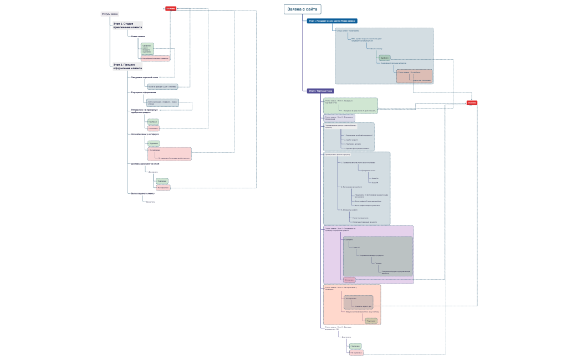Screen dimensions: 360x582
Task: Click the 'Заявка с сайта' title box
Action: pos(302,9)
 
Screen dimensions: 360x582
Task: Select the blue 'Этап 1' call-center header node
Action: pos(333,21)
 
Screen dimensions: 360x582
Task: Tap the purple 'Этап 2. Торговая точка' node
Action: pos(321,90)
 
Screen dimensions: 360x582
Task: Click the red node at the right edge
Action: pos(472,102)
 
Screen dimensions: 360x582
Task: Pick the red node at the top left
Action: pos(171,8)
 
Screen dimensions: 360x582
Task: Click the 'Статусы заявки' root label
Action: pos(110,14)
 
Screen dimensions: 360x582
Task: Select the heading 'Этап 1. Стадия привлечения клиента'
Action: pos(126,25)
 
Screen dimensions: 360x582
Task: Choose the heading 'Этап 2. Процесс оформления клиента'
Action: pos(127,66)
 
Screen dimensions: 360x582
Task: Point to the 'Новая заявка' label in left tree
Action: pos(138,37)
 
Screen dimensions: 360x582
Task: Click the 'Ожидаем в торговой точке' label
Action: pos(145,77)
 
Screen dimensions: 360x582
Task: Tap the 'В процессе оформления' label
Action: pos(144,92)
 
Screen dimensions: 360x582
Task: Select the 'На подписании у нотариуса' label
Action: pos(145,134)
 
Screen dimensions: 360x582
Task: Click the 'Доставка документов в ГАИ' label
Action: pos(145,164)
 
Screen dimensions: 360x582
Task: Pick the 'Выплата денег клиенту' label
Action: pos(143,193)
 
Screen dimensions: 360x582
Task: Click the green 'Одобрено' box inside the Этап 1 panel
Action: pos(384,58)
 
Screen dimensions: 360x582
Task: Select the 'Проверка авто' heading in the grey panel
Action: pos(338,155)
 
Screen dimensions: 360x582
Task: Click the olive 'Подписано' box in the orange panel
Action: pos(371,321)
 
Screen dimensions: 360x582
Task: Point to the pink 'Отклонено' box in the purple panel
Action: pos(349,280)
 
